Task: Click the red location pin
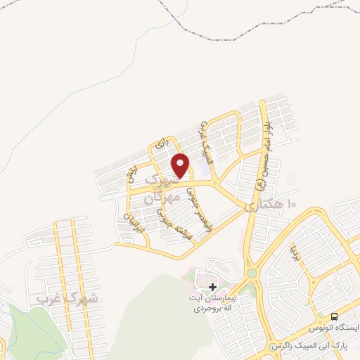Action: (x=181, y=165)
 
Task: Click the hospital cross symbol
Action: (x=213, y=287)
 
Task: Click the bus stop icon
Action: (x=334, y=316)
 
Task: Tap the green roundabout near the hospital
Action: (x=251, y=273)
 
